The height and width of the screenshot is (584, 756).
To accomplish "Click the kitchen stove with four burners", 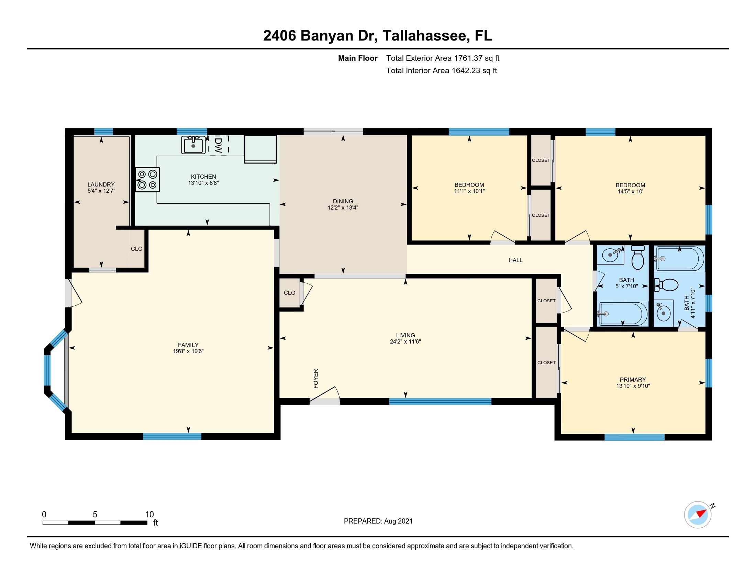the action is [x=147, y=180].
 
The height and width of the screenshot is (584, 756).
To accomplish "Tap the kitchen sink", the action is [x=193, y=145].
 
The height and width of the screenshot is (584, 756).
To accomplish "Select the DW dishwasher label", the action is [x=219, y=145].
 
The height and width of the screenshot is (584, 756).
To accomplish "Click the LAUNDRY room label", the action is [x=101, y=184].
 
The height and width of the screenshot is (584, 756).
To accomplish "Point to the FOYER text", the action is [x=316, y=379].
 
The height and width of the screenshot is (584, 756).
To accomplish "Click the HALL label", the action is [x=515, y=260].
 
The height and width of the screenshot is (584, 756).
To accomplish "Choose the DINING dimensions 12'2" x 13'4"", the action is [x=343, y=207].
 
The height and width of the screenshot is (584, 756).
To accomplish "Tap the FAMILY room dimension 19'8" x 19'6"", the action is [x=188, y=351].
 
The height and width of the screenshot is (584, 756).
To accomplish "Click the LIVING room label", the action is [x=405, y=335].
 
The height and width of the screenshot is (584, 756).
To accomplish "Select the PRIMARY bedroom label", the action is [x=633, y=380].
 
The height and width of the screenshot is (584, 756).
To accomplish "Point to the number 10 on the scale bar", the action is [x=149, y=514].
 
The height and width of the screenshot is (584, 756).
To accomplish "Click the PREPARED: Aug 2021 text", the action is [x=378, y=521].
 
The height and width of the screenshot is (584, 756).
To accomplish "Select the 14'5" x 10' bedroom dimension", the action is [x=630, y=191].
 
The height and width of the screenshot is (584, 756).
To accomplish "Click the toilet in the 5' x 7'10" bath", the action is [x=637, y=257].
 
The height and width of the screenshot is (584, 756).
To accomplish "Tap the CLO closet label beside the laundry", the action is [x=137, y=249].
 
